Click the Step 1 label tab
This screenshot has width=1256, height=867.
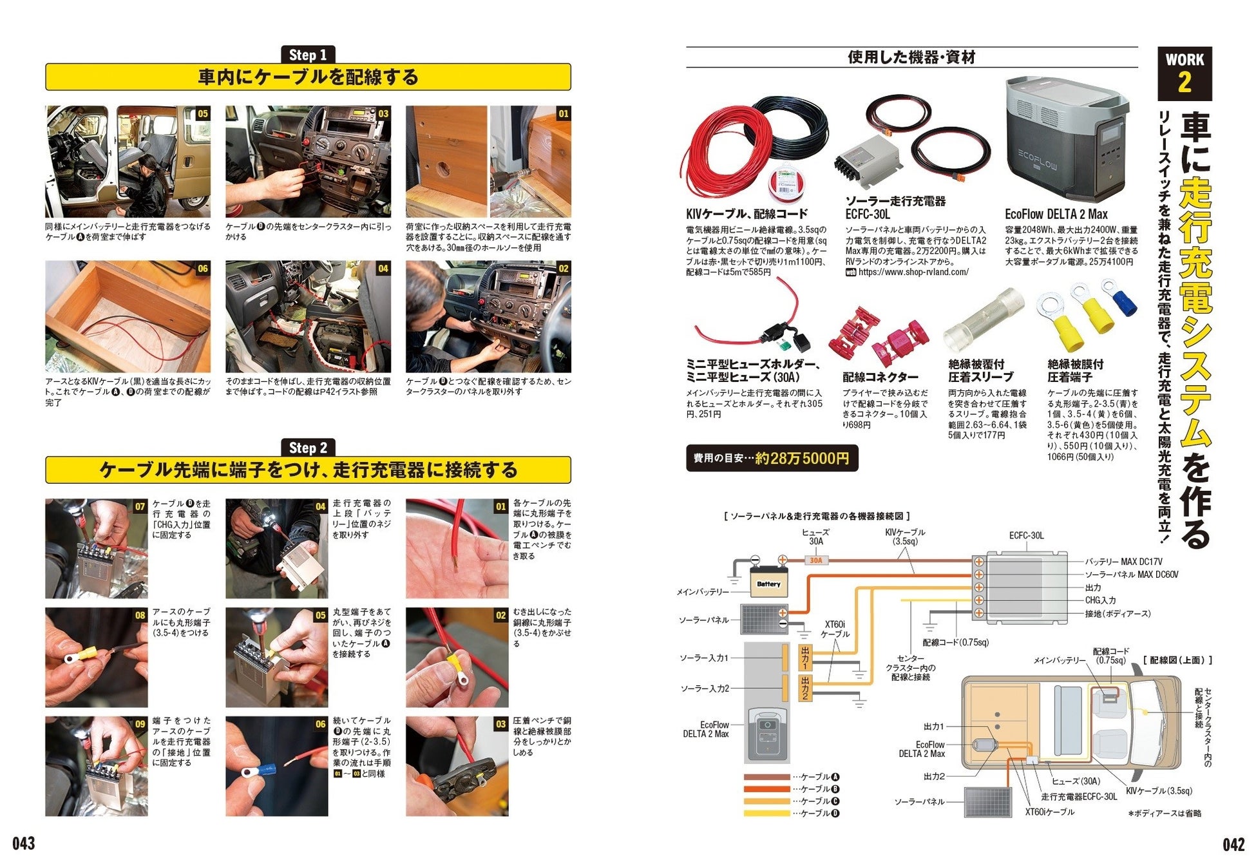tap(308, 55)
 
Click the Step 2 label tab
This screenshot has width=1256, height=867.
tap(308, 448)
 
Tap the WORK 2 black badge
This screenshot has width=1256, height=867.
tap(1185, 73)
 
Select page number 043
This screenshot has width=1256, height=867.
tap(24, 844)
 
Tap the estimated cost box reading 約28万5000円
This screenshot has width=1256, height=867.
tap(772, 458)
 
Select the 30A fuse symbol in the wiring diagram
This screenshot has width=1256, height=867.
tap(816, 560)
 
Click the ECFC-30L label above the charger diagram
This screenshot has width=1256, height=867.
tap(1027, 536)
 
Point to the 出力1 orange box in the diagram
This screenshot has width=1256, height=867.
tap(804, 658)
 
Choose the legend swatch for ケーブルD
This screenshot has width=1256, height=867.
tap(766, 813)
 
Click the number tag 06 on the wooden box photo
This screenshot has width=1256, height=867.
tap(203, 269)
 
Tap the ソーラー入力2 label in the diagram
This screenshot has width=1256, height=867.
tap(705, 689)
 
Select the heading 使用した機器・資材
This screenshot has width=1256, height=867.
tap(911, 57)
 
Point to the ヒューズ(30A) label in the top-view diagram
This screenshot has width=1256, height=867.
tap(1076, 781)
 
